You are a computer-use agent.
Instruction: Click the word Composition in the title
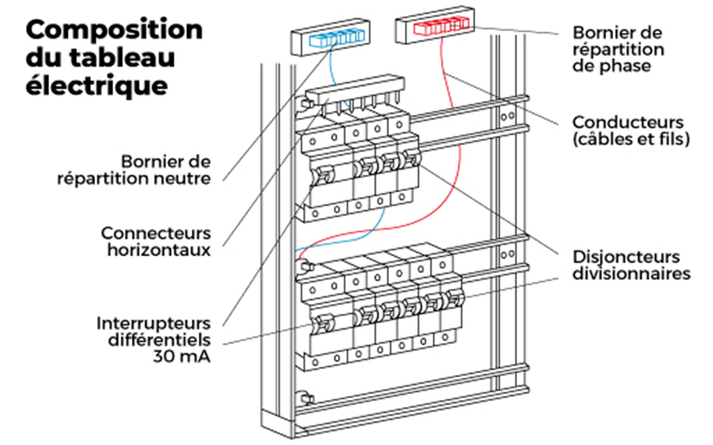(114, 30)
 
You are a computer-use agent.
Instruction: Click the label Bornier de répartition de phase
(618, 48)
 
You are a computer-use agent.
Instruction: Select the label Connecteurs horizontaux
(156, 240)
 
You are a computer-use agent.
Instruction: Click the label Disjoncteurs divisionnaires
(630, 265)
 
